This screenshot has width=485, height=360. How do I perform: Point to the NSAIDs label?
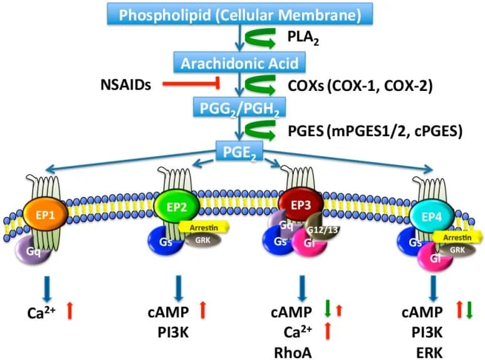point(125,85)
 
